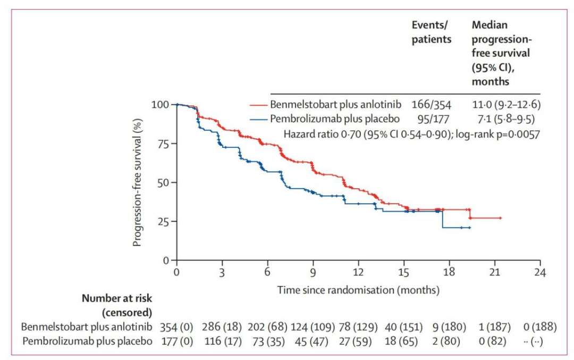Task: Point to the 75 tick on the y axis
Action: [x=173, y=144]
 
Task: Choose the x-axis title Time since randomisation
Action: [x=358, y=290]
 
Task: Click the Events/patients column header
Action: [x=432, y=32]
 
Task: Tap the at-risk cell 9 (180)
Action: [x=448, y=326]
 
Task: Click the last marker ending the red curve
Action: [x=500, y=218]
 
